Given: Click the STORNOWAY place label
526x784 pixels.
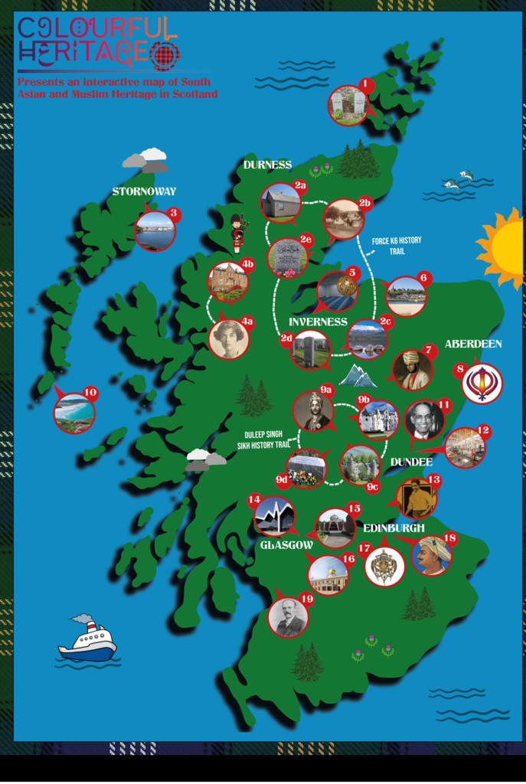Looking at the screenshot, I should [x=144, y=191].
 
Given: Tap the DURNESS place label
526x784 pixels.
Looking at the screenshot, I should [x=267, y=165].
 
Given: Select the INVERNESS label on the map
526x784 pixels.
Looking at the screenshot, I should [x=318, y=322].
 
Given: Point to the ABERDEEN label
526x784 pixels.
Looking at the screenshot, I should [x=473, y=345].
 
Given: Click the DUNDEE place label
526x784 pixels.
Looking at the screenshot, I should [x=411, y=462].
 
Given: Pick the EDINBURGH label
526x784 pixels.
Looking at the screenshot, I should [x=394, y=528].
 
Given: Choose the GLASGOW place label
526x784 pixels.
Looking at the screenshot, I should [x=286, y=545].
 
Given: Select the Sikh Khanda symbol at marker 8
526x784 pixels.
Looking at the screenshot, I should [x=482, y=382].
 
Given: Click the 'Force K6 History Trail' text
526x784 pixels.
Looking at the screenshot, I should [x=396, y=245].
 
